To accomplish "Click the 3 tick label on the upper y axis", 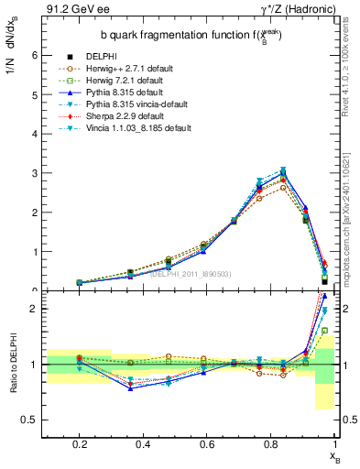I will click(x=32, y=173).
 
